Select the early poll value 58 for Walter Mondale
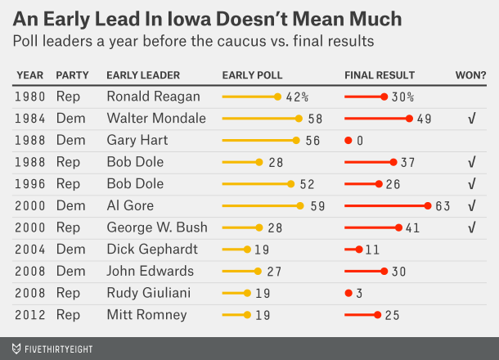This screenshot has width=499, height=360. tap(316, 119)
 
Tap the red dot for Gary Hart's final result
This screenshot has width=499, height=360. tap(348, 140)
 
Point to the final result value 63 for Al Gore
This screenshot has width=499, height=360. tap(443, 205)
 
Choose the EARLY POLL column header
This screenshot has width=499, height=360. tap(253, 75)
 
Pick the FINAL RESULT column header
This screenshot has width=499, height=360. tap(380, 75)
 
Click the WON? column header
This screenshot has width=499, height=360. tap(470, 75)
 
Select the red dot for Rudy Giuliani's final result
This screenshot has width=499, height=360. tap(348, 292)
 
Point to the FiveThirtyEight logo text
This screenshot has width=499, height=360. tap(53, 349)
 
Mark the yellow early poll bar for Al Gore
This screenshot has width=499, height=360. tap(261, 205)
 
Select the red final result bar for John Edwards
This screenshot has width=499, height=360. tap(365, 271)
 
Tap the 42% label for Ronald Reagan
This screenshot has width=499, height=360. tap(297, 97)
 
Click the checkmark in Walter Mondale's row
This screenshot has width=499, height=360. tap(472, 119)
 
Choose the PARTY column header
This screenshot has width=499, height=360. tap(73, 75)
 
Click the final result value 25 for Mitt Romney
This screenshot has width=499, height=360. tap(392, 314)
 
